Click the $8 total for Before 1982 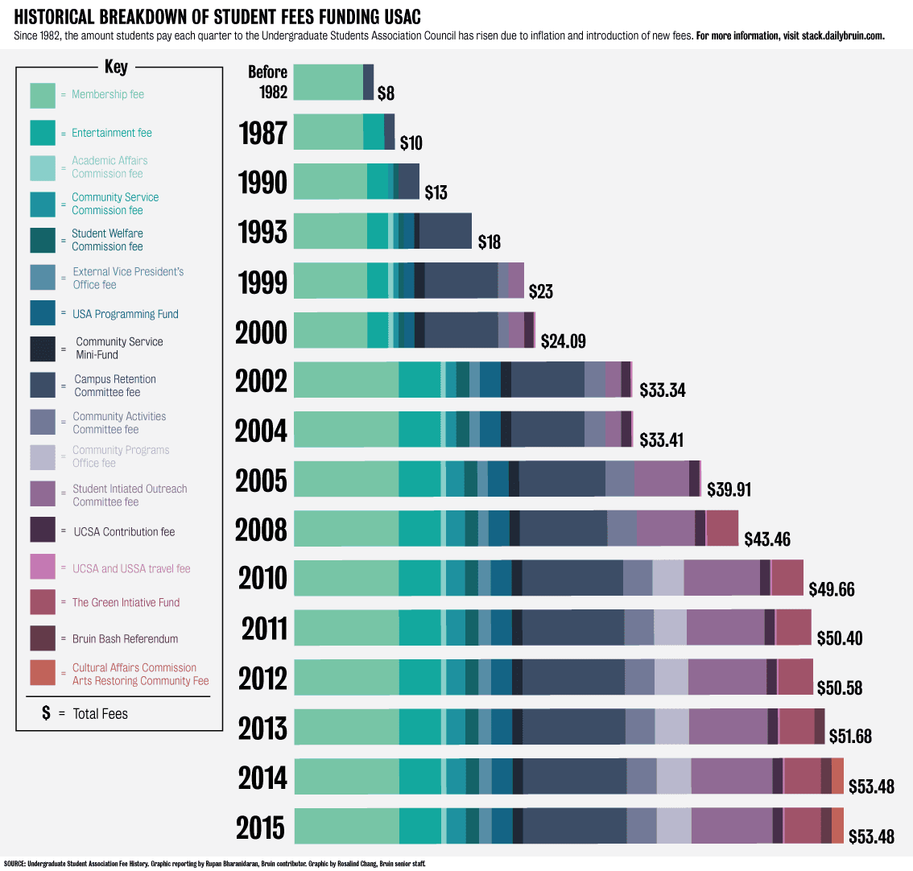point(386,93)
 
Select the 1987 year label point(262,133)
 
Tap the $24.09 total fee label point(563,341)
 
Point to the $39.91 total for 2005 point(729,489)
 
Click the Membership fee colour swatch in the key point(43,95)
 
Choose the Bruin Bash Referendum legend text point(125,639)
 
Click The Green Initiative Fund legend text point(126,602)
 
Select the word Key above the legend point(116,68)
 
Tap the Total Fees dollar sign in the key point(46,713)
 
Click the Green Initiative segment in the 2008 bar point(722,528)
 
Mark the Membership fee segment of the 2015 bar point(346,826)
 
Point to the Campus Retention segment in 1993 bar point(445,231)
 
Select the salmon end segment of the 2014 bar point(837,776)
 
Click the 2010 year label point(262,578)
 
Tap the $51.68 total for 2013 point(850,736)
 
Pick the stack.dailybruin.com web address point(842,36)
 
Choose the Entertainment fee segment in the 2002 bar point(419,380)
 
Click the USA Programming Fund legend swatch point(43,312)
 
